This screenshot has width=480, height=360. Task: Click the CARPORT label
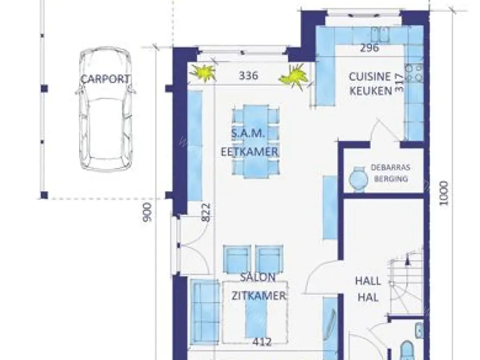pyautogui.click(x=105, y=79)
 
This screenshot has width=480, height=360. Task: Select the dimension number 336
pyautogui.click(x=248, y=75)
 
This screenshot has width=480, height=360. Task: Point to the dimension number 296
pyautogui.click(x=369, y=48)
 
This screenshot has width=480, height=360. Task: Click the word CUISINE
pyautogui.click(x=370, y=76)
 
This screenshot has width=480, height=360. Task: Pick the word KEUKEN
pyautogui.click(x=371, y=91)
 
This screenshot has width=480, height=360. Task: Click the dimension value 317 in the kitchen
pyautogui.click(x=399, y=82)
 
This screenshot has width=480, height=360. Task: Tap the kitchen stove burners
pyautogui.click(x=414, y=73)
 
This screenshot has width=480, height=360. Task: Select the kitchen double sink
pyautogui.click(x=380, y=34)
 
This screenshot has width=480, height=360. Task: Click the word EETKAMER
pyautogui.click(x=249, y=152)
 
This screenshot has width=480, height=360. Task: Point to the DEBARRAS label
pyautogui.click(x=390, y=167)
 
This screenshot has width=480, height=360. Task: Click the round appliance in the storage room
pyautogui.click(x=359, y=179)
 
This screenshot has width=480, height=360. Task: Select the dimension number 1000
pyautogui.click(x=444, y=194)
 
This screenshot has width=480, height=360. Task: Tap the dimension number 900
pyautogui.click(x=147, y=212)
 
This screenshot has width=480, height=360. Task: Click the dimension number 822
pyautogui.click(x=206, y=212)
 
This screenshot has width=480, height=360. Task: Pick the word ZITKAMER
pyautogui.click(x=259, y=296)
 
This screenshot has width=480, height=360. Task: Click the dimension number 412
pyautogui.click(x=262, y=342)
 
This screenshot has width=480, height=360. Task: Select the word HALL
pyautogui.click(x=368, y=281)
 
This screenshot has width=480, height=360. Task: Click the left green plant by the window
pyautogui.click(x=203, y=73)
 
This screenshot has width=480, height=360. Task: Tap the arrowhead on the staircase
pyautogui.click(x=407, y=261)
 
